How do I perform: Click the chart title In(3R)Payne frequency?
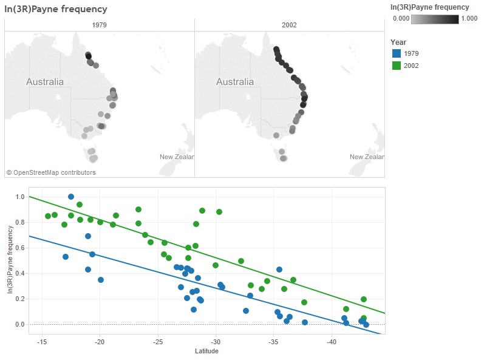tap(56, 9)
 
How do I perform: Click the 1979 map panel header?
tap(100, 25)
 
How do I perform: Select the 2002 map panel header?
tap(290, 25)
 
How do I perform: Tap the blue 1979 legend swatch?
tap(396, 53)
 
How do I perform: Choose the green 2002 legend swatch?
tap(396, 66)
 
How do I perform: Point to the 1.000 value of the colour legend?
tap(469, 19)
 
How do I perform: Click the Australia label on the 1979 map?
tap(45, 82)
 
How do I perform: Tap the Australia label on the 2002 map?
tap(235, 82)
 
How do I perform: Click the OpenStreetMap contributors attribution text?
tap(51, 172)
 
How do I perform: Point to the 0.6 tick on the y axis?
tap(19, 248)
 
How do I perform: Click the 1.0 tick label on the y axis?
tap(19, 197)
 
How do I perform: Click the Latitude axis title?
tap(206, 352)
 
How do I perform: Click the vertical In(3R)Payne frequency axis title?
tap(10, 260)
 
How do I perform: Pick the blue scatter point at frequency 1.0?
tap(71, 197)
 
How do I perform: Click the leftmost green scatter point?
tap(48, 216)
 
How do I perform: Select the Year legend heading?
tap(398, 42)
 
